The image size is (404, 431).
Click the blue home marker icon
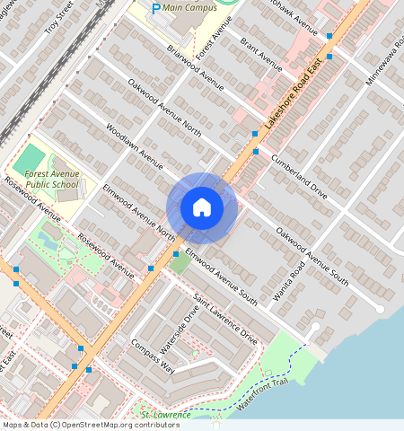point(202,207)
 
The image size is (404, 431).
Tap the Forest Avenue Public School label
point(51,179)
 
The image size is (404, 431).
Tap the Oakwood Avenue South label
point(312,257)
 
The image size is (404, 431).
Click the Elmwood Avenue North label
point(139,214)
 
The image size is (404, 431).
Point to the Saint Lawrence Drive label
point(225,319)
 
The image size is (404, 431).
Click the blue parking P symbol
point(155,9)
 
